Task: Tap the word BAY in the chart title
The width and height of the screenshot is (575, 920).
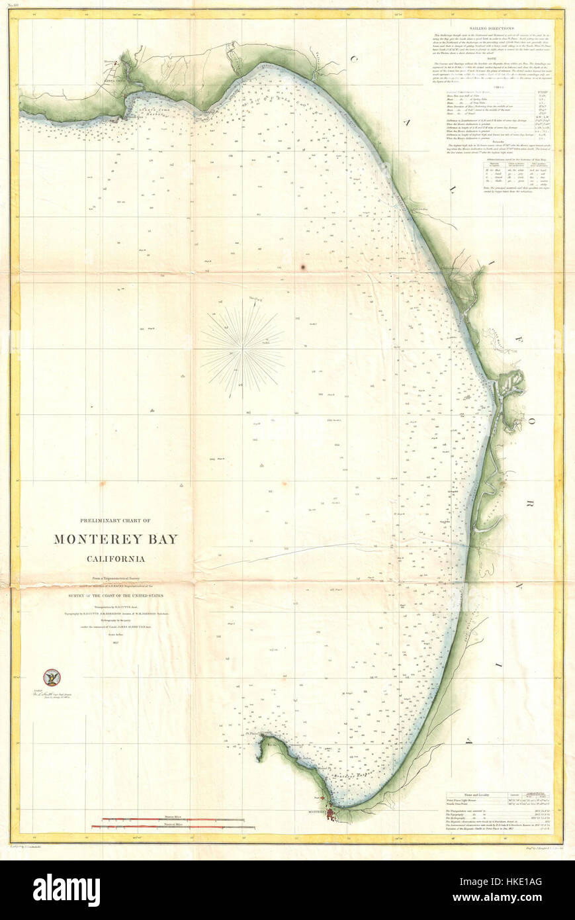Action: point(163,539)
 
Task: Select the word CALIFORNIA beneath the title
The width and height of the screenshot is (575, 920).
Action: point(116,559)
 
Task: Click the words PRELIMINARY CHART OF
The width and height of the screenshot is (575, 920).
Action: point(116,520)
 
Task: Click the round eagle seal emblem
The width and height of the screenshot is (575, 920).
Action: point(51,676)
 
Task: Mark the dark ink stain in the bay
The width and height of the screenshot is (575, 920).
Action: point(303,267)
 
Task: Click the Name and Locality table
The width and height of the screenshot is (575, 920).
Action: point(498,802)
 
